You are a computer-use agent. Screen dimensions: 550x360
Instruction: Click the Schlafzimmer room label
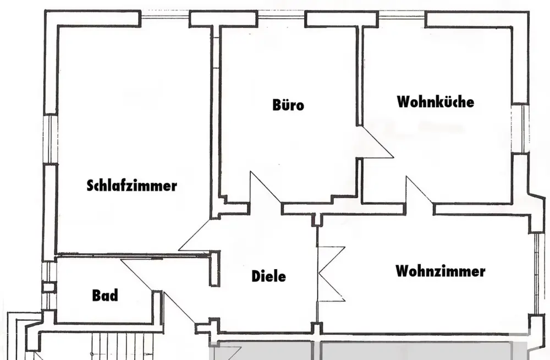point(132,186)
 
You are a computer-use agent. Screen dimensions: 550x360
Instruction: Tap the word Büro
point(288,105)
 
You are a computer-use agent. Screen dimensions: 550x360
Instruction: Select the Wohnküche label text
point(436,101)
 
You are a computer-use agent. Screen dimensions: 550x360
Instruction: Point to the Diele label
point(269,276)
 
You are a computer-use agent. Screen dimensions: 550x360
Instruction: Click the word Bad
point(105,296)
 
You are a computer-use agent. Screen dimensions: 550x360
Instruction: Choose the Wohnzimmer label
point(441,271)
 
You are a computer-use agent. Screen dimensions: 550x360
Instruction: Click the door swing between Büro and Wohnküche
point(375,142)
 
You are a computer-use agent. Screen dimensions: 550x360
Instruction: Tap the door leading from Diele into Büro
point(265,188)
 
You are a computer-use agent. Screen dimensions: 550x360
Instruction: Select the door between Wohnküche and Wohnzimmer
point(420,190)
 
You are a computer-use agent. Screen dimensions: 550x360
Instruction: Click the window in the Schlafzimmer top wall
point(165,17)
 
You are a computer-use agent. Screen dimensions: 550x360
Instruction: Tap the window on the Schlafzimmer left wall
point(50,139)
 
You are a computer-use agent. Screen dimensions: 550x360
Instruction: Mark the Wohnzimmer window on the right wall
point(537,274)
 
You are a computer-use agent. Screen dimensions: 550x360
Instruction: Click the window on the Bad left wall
point(48,286)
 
